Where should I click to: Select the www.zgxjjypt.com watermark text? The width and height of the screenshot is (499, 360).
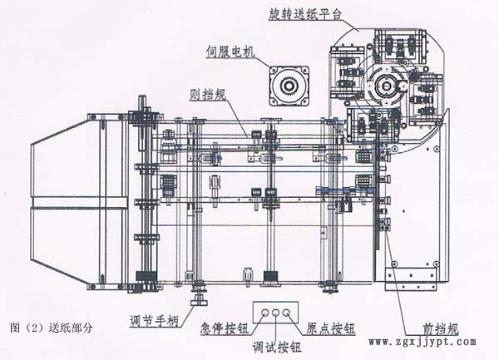tap(422, 342)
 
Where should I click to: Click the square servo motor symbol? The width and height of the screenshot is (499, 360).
tap(289, 86)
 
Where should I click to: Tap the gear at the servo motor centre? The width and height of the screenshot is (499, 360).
tap(289, 86)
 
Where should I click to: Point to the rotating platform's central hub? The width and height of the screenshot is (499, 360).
tap(388, 84)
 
